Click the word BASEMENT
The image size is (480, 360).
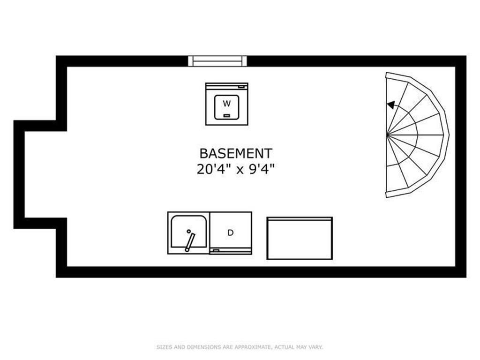(236, 153)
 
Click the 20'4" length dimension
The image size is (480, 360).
(214, 169)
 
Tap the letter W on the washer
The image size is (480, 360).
(226, 104)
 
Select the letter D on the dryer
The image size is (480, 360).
(231, 232)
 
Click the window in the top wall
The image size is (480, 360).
(217, 61)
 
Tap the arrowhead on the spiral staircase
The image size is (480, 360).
(390, 105)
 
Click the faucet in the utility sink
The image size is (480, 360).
(190, 242)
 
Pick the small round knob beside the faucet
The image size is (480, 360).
(188, 232)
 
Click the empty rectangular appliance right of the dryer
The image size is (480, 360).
(300, 238)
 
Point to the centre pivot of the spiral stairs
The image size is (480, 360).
(387, 135)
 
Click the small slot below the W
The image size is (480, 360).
(226, 115)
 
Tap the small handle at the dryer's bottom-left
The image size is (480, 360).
(216, 250)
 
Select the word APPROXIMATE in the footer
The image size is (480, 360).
(252, 347)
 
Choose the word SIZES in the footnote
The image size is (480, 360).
(165, 347)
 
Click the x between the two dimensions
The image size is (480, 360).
(240, 170)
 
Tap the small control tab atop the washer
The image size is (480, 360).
(242, 87)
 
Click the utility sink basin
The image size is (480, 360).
(188, 232)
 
